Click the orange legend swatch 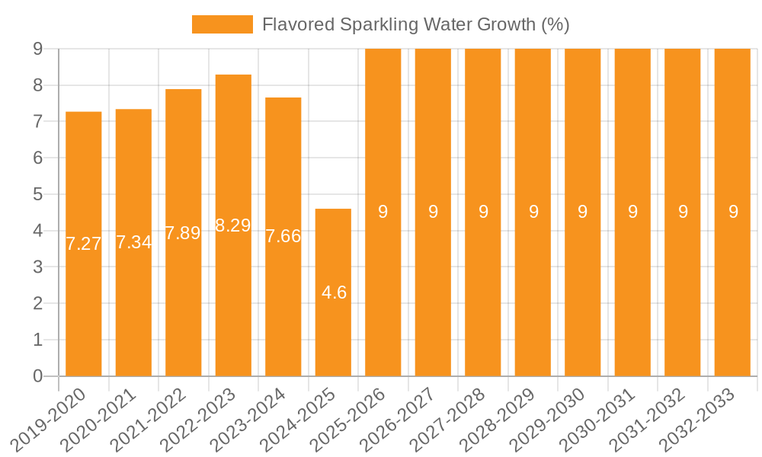[x=222, y=24]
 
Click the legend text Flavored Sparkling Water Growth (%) [x=415, y=24]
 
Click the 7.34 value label [x=133, y=242]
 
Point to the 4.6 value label [x=334, y=292]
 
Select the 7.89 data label [x=183, y=233]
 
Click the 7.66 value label [x=283, y=236]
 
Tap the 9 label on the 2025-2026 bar [x=383, y=212]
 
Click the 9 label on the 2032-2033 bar [x=733, y=212]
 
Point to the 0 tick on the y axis [x=38, y=376]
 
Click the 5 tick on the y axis [x=38, y=194]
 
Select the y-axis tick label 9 [x=38, y=49]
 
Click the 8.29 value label [x=233, y=225]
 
